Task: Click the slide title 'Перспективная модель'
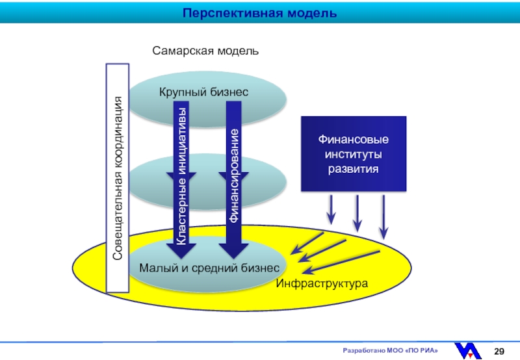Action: click(x=259, y=13)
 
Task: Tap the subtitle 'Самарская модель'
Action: click(x=205, y=51)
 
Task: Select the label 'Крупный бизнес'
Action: click(x=203, y=92)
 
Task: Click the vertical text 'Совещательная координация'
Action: click(x=118, y=178)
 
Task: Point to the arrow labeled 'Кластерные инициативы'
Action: click(x=181, y=179)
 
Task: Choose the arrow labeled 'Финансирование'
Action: click(x=234, y=179)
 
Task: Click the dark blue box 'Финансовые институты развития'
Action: click(x=354, y=154)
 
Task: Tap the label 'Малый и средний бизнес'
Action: click(x=209, y=268)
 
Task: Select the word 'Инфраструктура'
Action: click(x=322, y=283)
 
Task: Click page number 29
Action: click(x=499, y=352)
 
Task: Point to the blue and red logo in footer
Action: click(x=468, y=351)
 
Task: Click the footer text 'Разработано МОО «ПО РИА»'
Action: click(x=391, y=350)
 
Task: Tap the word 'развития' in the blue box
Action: click(x=354, y=169)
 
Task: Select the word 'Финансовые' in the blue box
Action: click(x=354, y=139)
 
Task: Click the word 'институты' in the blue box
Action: click(x=354, y=154)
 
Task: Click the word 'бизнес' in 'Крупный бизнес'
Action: click(x=229, y=92)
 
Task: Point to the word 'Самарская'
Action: click(x=183, y=51)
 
